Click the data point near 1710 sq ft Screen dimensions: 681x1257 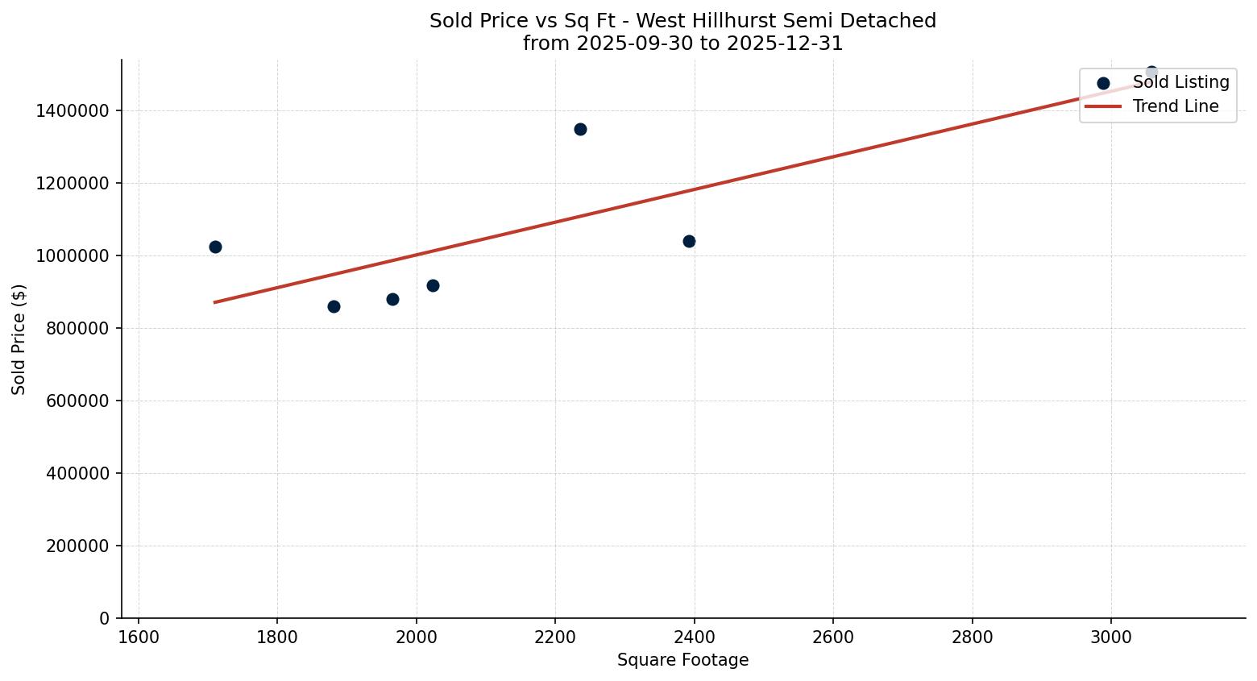(215, 247)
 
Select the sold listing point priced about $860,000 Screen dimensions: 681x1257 (334, 306)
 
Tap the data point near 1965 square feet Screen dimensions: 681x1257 (392, 299)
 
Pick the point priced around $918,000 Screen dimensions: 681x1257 (433, 285)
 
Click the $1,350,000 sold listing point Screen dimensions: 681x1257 (580, 129)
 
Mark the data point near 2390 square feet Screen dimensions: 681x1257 (689, 241)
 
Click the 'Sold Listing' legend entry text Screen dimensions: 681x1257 (1180, 82)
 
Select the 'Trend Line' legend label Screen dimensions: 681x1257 (1176, 106)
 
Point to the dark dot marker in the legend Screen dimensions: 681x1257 (1103, 83)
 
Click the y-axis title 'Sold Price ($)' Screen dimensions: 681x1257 (19, 339)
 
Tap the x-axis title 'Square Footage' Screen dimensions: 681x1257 (682, 661)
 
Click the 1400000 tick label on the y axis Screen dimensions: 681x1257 (73, 111)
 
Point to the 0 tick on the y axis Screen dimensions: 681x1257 (105, 619)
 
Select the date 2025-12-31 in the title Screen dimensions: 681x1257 (786, 44)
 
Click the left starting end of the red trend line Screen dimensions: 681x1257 (215, 302)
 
